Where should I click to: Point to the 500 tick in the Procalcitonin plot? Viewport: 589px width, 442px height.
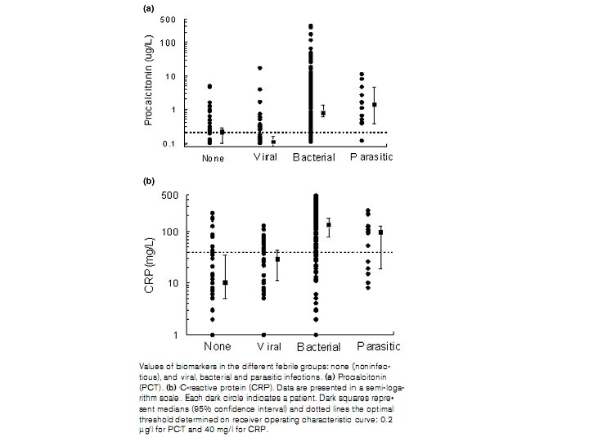tap(167, 19)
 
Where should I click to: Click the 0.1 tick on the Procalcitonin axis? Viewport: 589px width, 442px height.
tap(168, 143)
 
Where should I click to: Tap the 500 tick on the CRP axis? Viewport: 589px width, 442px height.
tap(169, 196)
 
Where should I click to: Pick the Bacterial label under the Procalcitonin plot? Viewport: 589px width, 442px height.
tap(314, 157)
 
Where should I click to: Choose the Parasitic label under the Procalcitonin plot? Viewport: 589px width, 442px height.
tap(372, 156)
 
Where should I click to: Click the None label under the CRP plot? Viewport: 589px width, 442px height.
tap(213, 345)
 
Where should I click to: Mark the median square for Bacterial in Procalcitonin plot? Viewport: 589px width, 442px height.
tap(323, 113)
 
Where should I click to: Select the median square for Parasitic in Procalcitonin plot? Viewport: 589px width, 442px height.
tap(375, 105)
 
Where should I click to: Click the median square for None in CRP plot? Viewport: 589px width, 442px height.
tap(225, 282)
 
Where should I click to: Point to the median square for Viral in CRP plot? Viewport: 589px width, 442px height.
tap(277, 259)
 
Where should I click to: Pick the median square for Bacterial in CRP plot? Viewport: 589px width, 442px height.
tap(329, 224)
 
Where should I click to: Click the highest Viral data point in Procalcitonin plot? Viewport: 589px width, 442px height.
tap(260, 68)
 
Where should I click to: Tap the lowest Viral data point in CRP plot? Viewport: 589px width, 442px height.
tap(263, 334)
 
